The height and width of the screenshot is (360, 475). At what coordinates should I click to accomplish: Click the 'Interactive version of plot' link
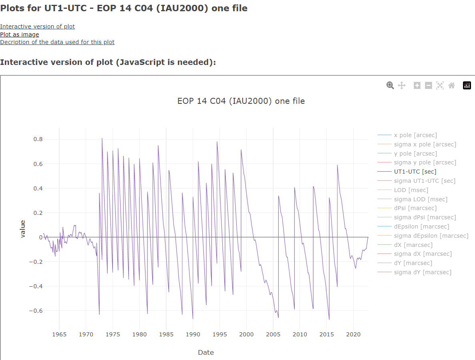click(x=37, y=26)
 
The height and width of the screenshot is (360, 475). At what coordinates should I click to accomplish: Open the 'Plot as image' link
click(x=20, y=34)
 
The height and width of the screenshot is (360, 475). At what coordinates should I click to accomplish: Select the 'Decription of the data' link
click(x=57, y=42)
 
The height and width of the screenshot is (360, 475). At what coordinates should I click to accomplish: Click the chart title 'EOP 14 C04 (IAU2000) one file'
click(x=241, y=101)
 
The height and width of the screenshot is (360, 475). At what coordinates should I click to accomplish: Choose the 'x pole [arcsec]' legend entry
click(x=415, y=135)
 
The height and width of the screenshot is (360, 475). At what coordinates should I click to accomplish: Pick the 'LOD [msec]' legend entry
click(x=411, y=190)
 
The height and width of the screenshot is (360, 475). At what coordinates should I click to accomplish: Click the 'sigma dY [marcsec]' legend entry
click(x=423, y=272)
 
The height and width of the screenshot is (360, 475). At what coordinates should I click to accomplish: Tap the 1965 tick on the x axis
click(x=59, y=334)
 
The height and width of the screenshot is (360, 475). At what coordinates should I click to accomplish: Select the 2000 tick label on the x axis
click(x=246, y=334)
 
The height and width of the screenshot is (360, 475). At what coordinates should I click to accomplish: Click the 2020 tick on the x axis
click(x=353, y=334)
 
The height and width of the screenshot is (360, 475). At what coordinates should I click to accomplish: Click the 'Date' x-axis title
click(x=206, y=353)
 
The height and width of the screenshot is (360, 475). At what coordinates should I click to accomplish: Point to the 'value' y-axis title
click(x=23, y=229)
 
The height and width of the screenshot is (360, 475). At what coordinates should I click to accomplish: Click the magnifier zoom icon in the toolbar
click(x=390, y=85)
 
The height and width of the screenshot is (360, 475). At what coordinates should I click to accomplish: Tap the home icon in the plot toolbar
click(x=451, y=85)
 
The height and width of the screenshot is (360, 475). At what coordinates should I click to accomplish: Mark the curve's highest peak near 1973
click(x=102, y=138)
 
